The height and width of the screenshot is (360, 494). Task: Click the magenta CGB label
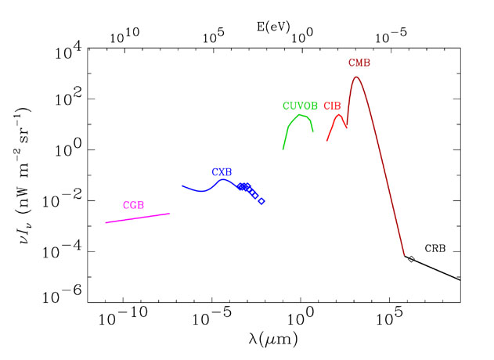click(x=133, y=205)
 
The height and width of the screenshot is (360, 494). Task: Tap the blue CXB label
click(x=222, y=171)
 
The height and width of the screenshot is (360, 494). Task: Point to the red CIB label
click(x=332, y=106)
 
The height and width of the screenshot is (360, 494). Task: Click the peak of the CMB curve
click(x=357, y=77)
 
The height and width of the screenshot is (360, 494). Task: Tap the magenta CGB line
click(x=137, y=218)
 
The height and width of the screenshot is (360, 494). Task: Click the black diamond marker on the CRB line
click(x=411, y=259)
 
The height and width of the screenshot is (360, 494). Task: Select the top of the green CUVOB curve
click(x=299, y=115)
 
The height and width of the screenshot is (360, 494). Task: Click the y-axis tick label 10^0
click(x=69, y=151)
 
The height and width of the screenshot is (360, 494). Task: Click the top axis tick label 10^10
click(x=124, y=36)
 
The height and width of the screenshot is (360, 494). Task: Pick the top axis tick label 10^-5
click(x=390, y=36)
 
